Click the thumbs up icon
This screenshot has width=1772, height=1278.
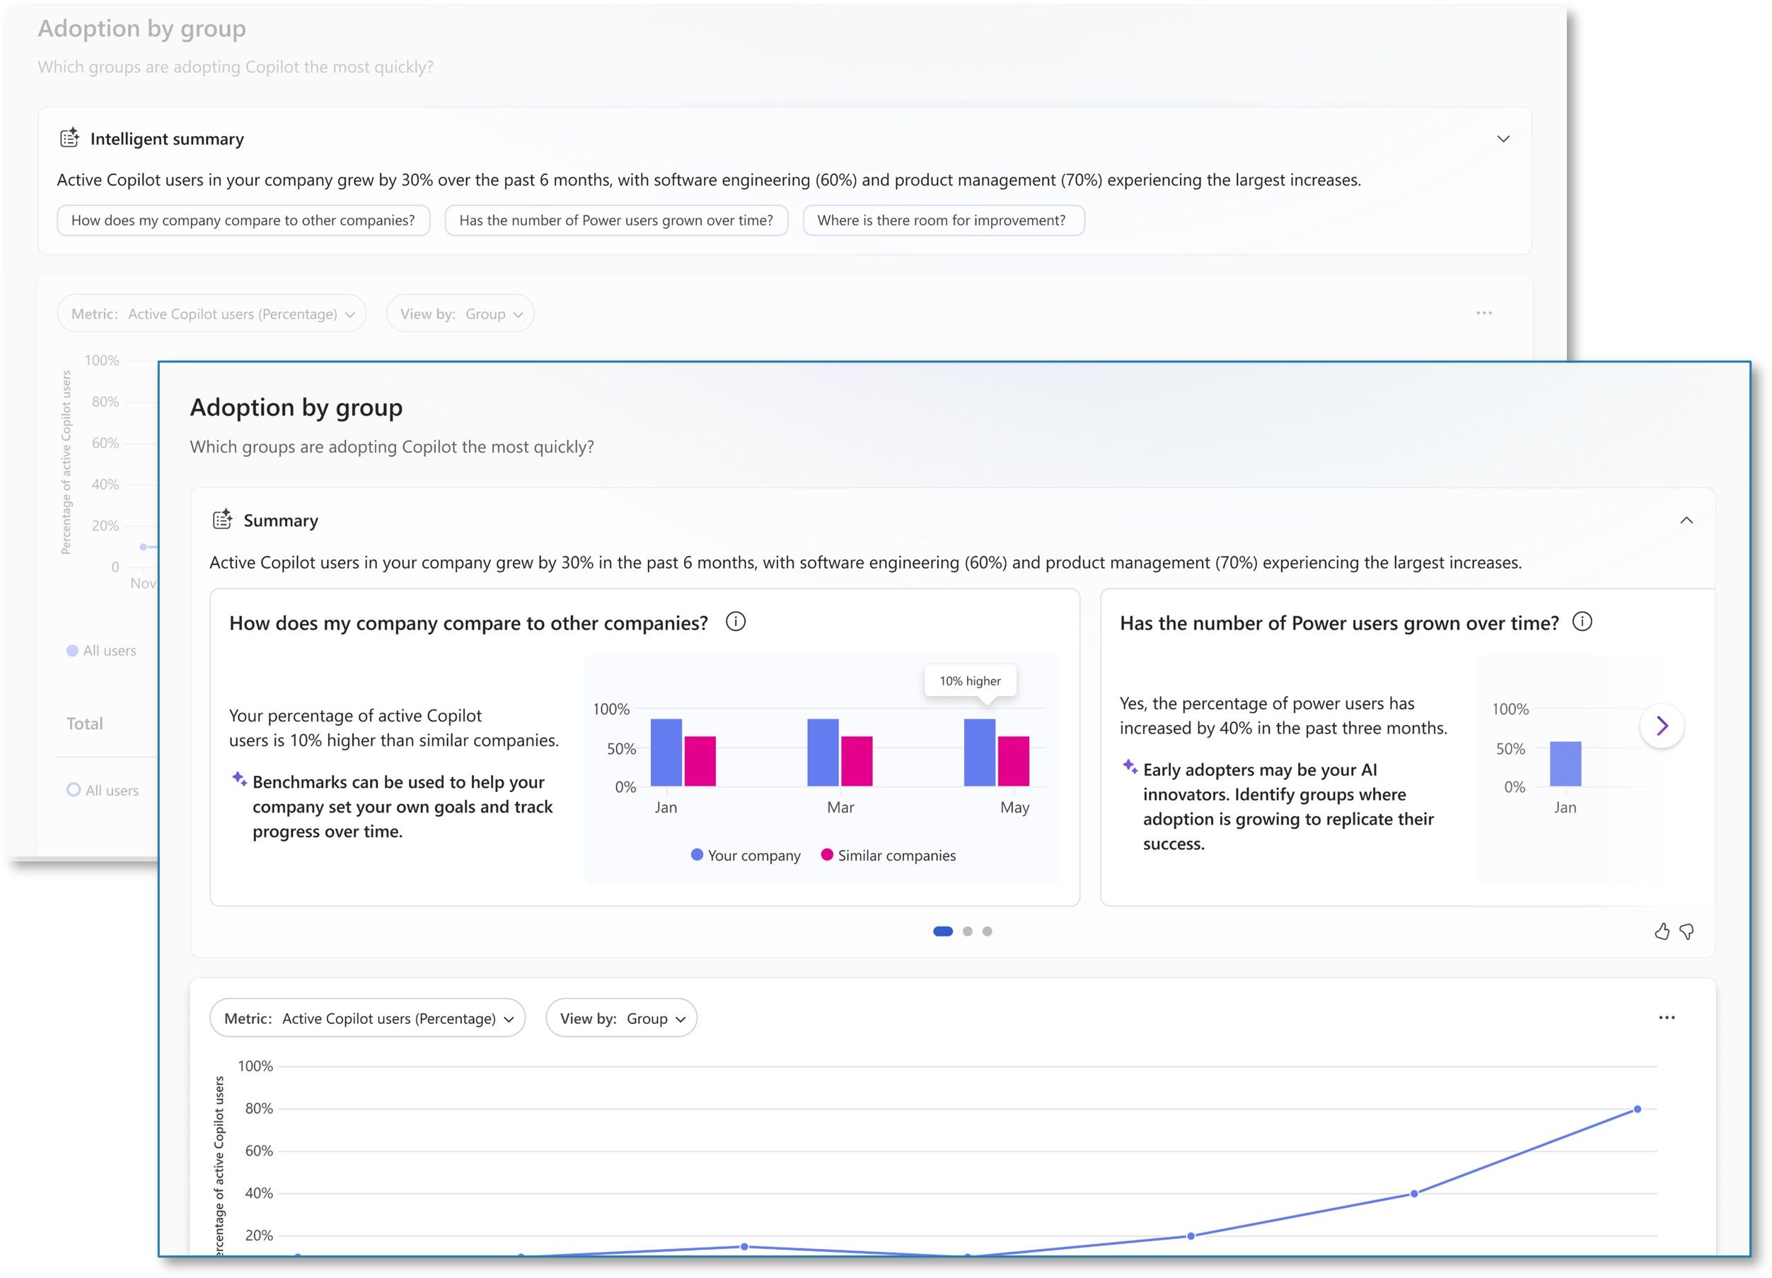(1662, 931)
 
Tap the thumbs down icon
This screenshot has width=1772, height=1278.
(1687, 931)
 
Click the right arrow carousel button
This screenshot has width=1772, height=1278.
(1662, 726)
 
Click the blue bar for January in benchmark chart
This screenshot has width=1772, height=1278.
(666, 752)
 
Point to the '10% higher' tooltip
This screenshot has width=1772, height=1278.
(970, 680)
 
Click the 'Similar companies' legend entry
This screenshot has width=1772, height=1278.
(888, 855)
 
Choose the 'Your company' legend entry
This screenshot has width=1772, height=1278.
(746, 855)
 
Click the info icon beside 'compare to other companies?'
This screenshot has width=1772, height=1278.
(735, 622)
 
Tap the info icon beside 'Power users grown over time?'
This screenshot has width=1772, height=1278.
(1582, 622)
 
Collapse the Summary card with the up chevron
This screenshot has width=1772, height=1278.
(1687, 521)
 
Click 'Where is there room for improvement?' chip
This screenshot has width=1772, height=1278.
(943, 220)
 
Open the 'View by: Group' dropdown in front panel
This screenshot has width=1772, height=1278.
(621, 1018)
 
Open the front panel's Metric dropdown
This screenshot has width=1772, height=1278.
(367, 1018)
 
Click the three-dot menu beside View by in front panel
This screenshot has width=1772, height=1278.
(1667, 1017)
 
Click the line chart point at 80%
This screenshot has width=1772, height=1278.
(1637, 1109)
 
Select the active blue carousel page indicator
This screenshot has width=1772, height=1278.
(943, 931)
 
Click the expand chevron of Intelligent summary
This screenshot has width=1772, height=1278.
(1503, 139)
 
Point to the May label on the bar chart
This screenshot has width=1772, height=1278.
(1014, 808)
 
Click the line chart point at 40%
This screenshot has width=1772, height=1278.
(1414, 1194)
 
